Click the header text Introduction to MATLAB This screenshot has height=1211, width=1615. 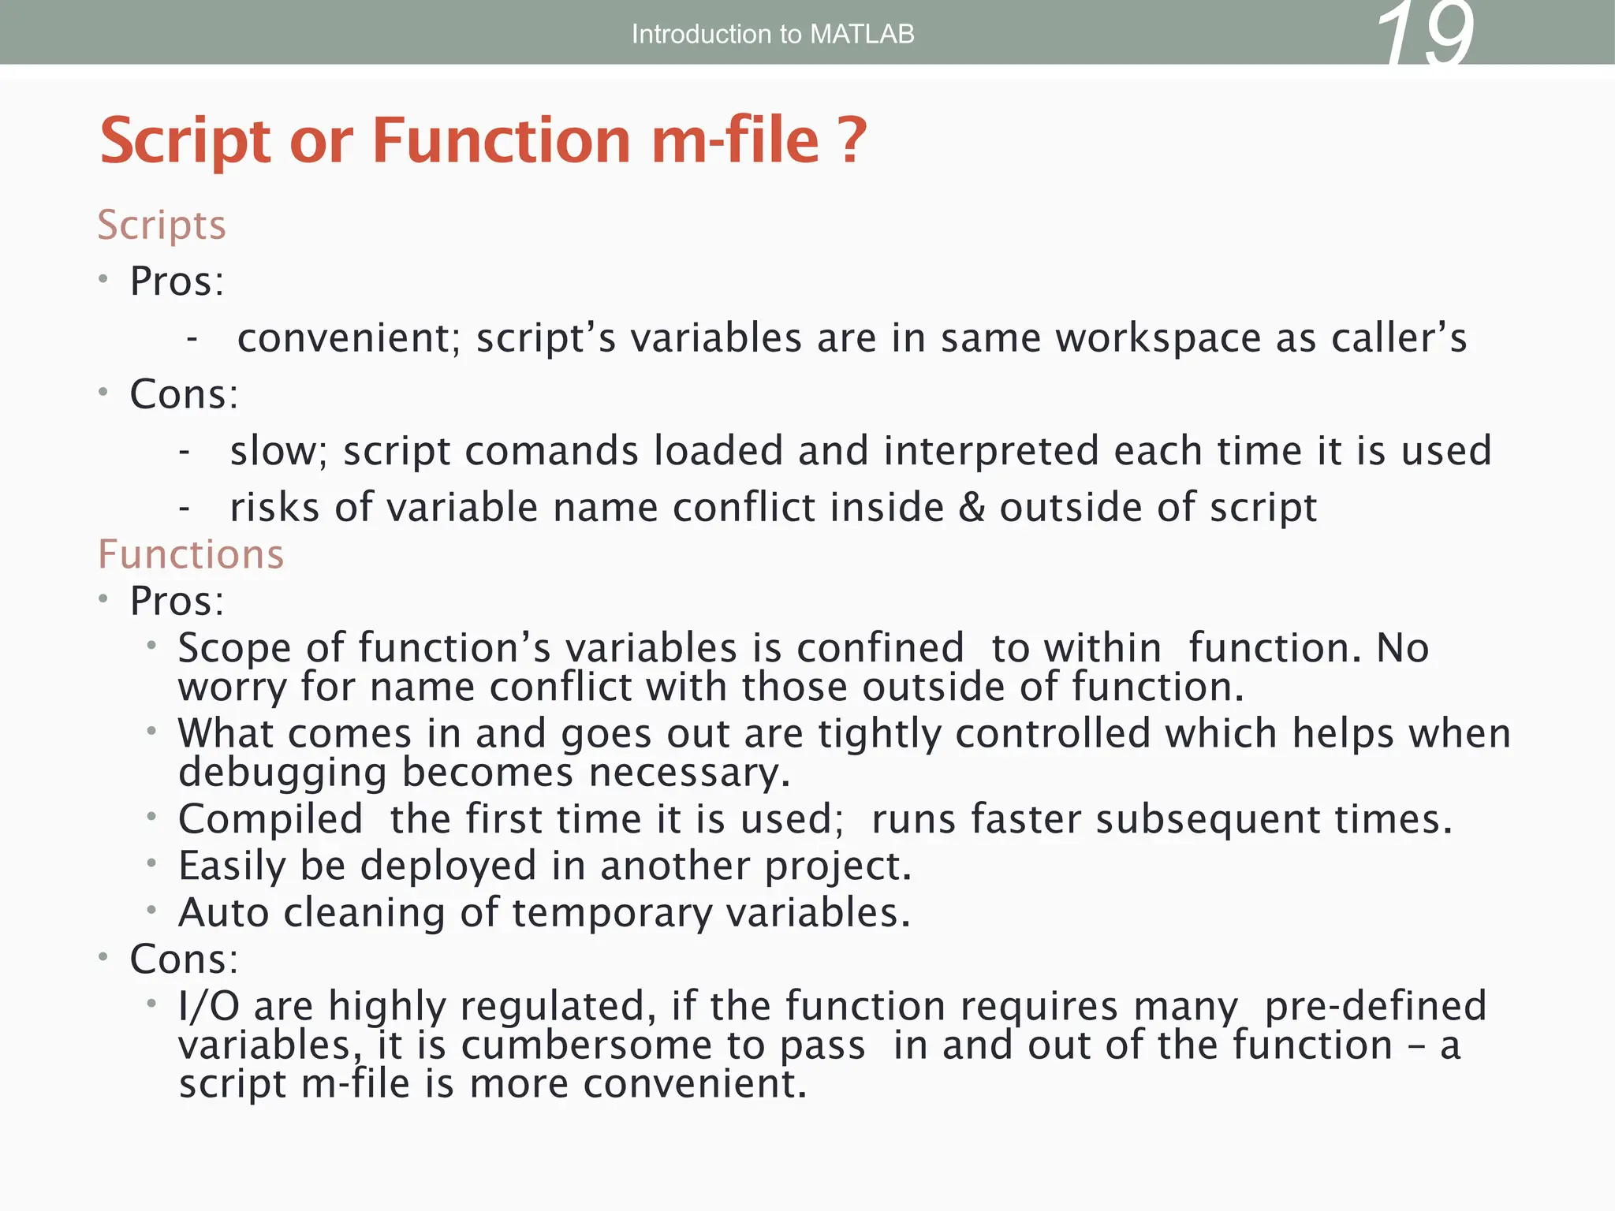tap(773, 34)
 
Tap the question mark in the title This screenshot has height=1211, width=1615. tap(852, 140)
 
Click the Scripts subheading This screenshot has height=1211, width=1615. tap(162, 225)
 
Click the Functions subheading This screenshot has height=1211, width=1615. tap(191, 554)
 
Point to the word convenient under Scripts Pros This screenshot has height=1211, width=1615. tap(348, 338)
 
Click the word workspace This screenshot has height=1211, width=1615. tap(1158, 338)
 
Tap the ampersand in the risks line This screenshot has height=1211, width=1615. tap(972, 507)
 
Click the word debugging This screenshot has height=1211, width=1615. tap(282, 773)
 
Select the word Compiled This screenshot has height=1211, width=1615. tap(270, 819)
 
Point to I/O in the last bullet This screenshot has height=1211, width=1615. tap(208, 1006)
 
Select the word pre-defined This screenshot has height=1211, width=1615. tap(1375, 1006)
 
